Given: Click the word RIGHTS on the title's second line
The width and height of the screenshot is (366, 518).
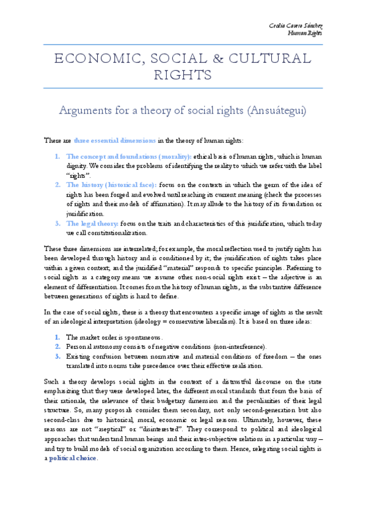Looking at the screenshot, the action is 183,75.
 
